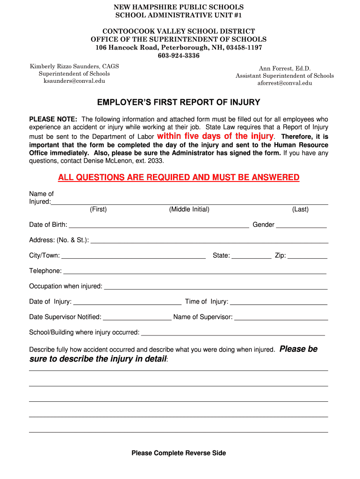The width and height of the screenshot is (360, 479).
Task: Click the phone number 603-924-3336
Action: click(179, 56)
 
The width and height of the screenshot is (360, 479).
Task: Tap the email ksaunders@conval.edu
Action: click(74, 81)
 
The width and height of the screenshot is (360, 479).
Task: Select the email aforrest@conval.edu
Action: click(285, 83)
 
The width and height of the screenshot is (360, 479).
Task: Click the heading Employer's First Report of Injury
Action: click(179, 102)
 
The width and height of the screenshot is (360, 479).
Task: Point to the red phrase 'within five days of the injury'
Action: click(216, 136)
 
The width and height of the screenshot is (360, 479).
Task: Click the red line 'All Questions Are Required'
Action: click(179, 177)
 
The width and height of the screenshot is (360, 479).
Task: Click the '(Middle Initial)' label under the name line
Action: click(189, 210)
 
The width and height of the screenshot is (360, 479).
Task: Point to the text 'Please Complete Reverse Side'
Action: click(179, 453)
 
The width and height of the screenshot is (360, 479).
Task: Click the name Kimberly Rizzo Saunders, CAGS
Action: click(74, 66)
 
